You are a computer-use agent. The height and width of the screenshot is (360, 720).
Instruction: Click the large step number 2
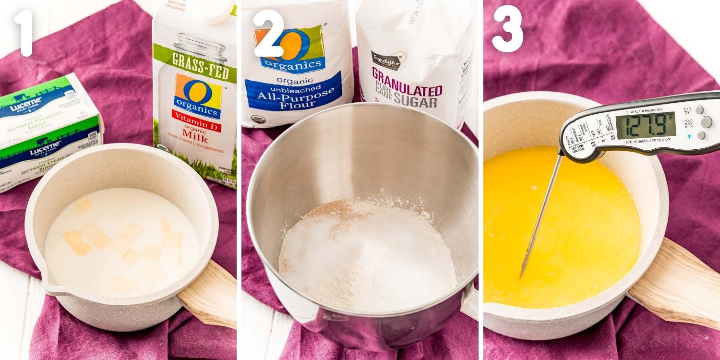tap(269, 32)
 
